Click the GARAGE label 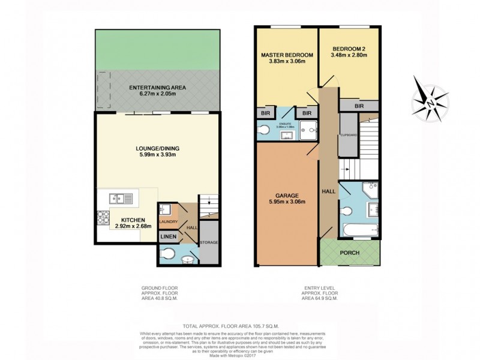pyautogui.click(x=287, y=195)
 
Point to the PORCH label pyautogui.click(x=349, y=253)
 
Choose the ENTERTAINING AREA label pyautogui.click(x=158, y=88)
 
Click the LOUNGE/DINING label pyautogui.click(x=158, y=149)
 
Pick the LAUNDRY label pyautogui.click(x=168, y=222)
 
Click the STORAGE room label pyautogui.click(x=209, y=242)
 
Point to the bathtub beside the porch pyautogui.click(x=358, y=229)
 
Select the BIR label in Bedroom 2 pyautogui.click(x=359, y=106)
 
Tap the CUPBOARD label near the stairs pyautogui.click(x=349, y=135)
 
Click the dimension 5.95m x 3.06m pyautogui.click(x=287, y=202)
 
